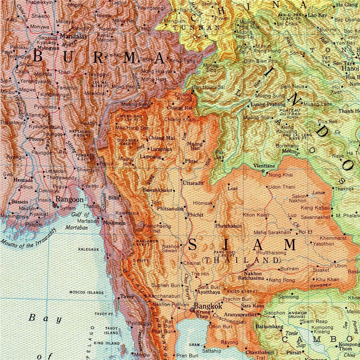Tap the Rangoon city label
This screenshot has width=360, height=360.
coord(70,199)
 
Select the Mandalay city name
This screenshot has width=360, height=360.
coord(73,36)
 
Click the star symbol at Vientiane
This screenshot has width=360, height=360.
coord(263,172)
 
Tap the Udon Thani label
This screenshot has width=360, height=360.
coord(281,187)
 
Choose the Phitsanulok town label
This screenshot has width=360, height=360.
coord(170,208)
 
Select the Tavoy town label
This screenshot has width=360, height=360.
coord(127,296)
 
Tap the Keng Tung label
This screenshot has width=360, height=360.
coord(182,60)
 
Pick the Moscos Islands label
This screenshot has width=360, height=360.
coord(86,292)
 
